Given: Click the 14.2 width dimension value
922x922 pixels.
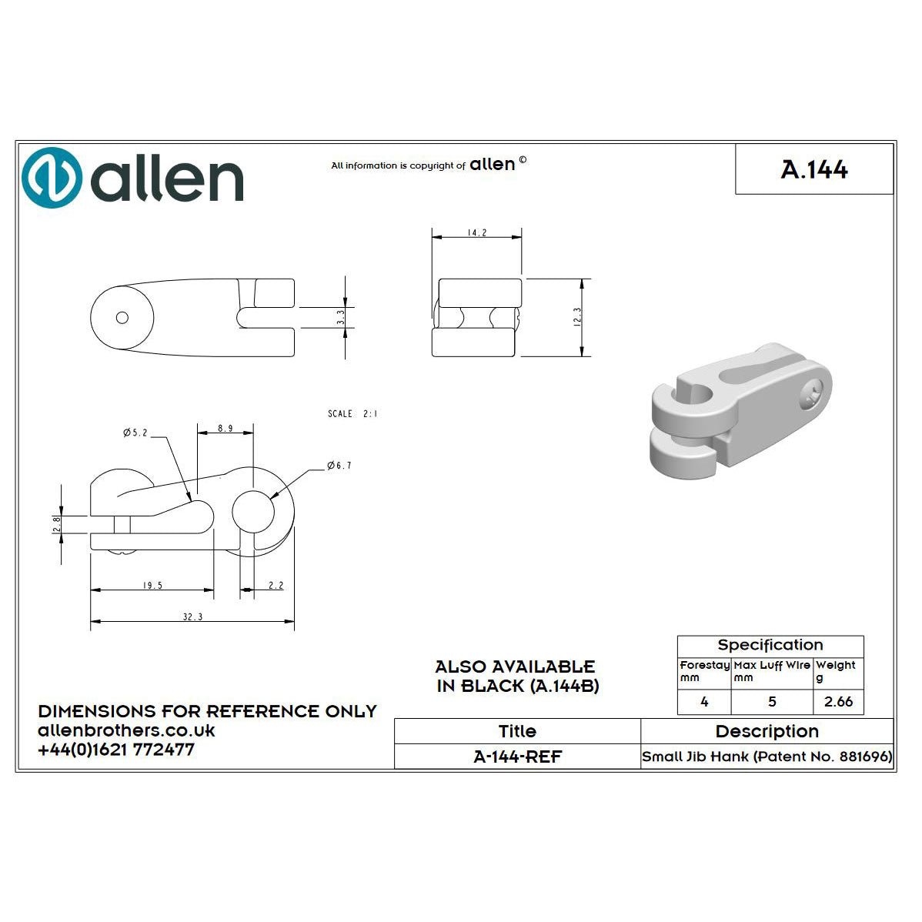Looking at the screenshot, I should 477,232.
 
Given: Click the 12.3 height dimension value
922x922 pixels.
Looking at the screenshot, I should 578,317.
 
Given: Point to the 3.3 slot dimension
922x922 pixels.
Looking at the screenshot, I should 340,317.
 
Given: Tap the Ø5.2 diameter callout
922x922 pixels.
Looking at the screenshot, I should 135,433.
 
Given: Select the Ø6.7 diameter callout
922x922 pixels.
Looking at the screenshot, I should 339,466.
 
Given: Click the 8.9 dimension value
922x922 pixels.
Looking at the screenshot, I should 225,428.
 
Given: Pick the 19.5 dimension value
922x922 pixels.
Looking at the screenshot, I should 152,586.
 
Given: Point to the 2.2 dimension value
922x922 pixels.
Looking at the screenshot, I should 276,586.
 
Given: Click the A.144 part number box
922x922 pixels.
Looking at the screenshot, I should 814,169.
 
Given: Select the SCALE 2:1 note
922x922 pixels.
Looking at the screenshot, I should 352,414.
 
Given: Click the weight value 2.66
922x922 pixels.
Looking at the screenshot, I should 838,701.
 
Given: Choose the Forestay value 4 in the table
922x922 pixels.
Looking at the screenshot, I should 704,701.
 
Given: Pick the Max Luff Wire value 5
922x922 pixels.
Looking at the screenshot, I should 772,701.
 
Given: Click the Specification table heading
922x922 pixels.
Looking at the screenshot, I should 770,645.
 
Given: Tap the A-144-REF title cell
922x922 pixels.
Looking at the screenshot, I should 517,757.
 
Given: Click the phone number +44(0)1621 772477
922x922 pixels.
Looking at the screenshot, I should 116,749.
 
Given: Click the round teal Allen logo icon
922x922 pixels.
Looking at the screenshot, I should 52,178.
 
